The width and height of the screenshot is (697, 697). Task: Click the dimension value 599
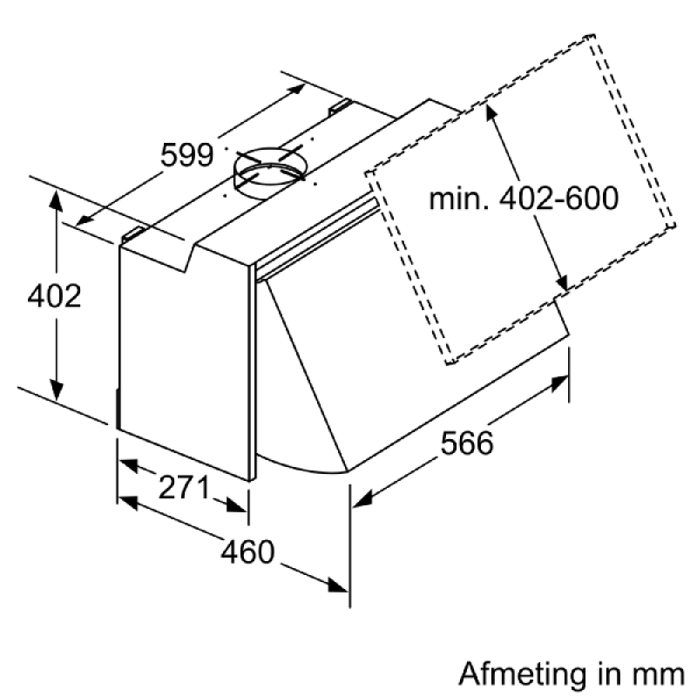[x=187, y=155]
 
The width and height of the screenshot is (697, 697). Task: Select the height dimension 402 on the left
[x=54, y=295]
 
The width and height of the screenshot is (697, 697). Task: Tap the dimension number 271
[x=184, y=487]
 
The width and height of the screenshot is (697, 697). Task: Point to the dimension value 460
[x=247, y=552]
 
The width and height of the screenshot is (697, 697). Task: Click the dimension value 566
[x=467, y=443]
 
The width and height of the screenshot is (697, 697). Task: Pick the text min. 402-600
[x=524, y=198]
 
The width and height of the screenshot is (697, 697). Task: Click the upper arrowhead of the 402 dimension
[x=56, y=201]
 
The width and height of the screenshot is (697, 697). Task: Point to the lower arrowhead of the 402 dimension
[x=56, y=389]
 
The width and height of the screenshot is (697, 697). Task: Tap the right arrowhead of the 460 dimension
[x=337, y=585]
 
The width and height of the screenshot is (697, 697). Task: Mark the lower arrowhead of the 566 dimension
[x=362, y=498]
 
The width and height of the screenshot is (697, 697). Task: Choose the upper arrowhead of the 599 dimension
[x=295, y=89]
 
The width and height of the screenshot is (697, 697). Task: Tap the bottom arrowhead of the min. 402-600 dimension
[x=562, y=281]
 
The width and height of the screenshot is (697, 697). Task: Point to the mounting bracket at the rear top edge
[x=340, y=106]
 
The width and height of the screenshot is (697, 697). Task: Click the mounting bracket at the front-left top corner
[x=133, y=234]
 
